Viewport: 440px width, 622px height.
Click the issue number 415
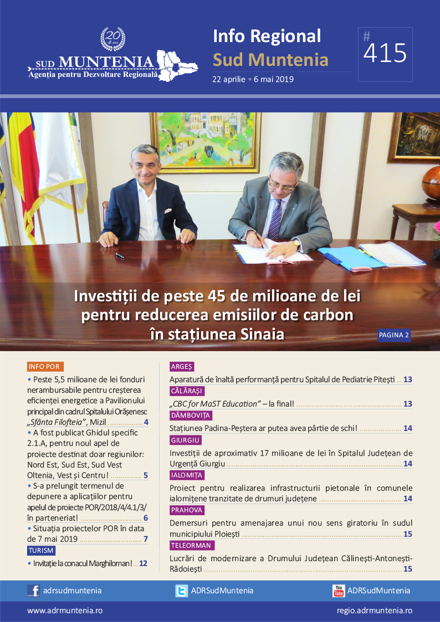point(386,54)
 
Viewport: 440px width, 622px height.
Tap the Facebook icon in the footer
point(33,590)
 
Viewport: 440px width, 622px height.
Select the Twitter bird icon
point(182,590)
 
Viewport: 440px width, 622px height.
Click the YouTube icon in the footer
point(339,590)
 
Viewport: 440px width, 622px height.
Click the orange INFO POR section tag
point(45,367)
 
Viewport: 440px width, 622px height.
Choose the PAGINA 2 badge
point(394,335)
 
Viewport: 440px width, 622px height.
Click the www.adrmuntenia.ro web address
point(65,610)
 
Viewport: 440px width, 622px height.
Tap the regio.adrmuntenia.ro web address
point(374,610)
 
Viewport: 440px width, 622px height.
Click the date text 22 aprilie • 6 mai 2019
point(253,79)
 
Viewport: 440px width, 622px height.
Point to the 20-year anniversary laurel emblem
point(112,39)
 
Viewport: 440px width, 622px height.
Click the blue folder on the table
point(345,257)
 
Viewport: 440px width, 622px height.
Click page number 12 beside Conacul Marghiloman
point(143,563)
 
